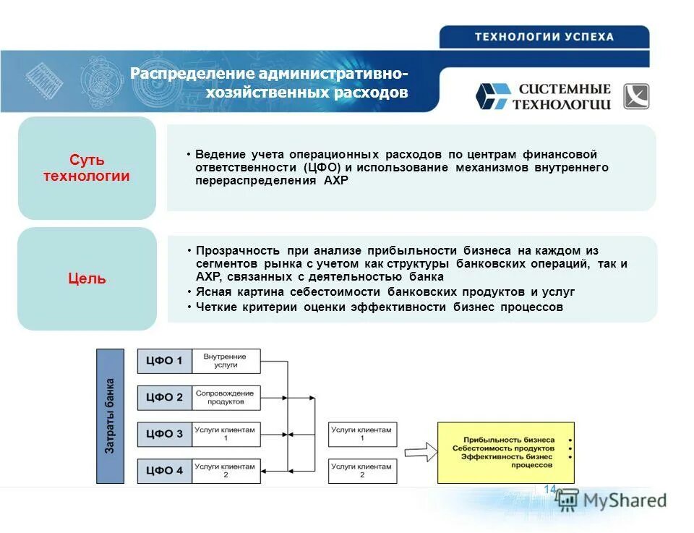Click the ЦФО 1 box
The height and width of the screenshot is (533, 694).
(x=165, y=361)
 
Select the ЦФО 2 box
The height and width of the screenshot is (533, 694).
(x=165, y=397)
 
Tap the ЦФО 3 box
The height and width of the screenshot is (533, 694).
(x=165, y=434)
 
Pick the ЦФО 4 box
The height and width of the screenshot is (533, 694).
(x=165, y=471)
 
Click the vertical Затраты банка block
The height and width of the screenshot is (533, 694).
(x=110, y=416)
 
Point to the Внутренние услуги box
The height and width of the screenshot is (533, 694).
(x=226, y=361)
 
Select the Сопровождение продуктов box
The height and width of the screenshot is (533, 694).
(x=226, y=397)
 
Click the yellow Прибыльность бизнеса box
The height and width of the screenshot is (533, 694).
(x=505, y=453)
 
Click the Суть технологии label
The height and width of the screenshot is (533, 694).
(x=87, y=168)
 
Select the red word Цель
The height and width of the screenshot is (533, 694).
(x=87, y=278)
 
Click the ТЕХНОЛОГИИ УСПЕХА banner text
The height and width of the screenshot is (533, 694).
(x=544, y=37)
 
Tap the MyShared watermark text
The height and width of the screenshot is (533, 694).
(x=625, y=500)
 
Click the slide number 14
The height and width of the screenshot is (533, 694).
(x=549, y=490)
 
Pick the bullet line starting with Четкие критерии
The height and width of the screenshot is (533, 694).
(x=379, y=307)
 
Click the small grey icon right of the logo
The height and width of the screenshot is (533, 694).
(x=636, y=96)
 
